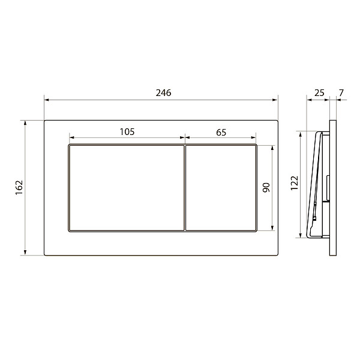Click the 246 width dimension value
pos(163,93)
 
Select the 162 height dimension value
pos(19,188)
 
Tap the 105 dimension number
pos(127,132)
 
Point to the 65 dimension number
pos(221,133)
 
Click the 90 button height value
pos(266,188)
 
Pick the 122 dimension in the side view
pos(294,183)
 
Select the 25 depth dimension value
pos(319,93)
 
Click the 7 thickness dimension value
pos(341,93)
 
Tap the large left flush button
pos(127,188)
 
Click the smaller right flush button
pos(221,188)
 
